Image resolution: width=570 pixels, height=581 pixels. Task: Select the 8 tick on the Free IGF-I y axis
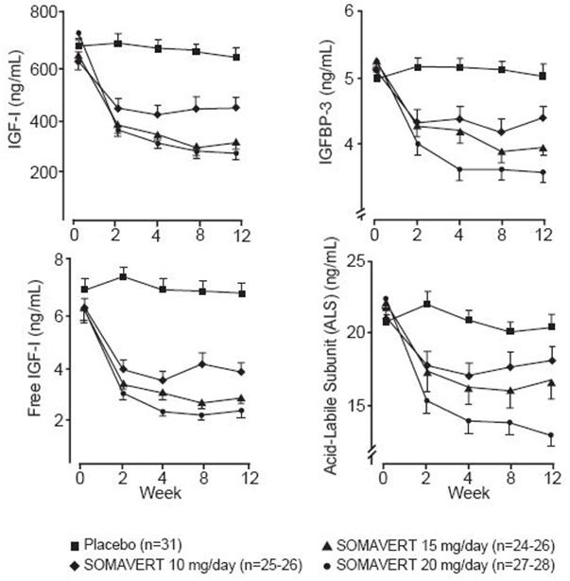pos(58,260)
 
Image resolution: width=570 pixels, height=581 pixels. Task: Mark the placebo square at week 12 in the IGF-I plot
pos(236,57)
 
